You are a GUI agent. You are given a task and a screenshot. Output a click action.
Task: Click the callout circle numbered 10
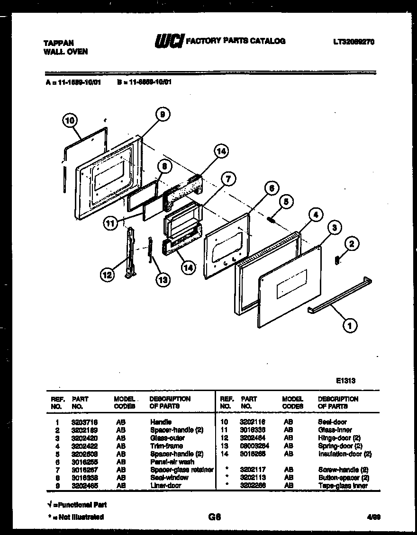tap(70, 121)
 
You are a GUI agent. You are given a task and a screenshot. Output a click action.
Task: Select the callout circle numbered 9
tap(162, 114)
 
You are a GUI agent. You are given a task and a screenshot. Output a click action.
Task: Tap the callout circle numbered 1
tap(350, 325)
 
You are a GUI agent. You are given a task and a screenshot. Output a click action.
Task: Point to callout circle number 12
tap(108, 274)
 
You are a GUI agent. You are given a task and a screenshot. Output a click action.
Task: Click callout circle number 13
tap(163, 279)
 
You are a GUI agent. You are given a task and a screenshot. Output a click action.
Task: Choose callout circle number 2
tap(351, 244)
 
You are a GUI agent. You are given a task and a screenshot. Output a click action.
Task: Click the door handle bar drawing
tap(339, 296)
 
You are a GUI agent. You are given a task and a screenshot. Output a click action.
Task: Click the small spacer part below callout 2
tap(337, 260)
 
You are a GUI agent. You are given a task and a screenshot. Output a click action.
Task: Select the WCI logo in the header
tap(169, 41)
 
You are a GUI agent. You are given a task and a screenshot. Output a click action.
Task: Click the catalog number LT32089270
tap(354, 42)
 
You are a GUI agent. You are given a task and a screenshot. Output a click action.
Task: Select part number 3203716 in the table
tap(82, 422)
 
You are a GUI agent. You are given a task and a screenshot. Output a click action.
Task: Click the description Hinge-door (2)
tap(339, 438)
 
